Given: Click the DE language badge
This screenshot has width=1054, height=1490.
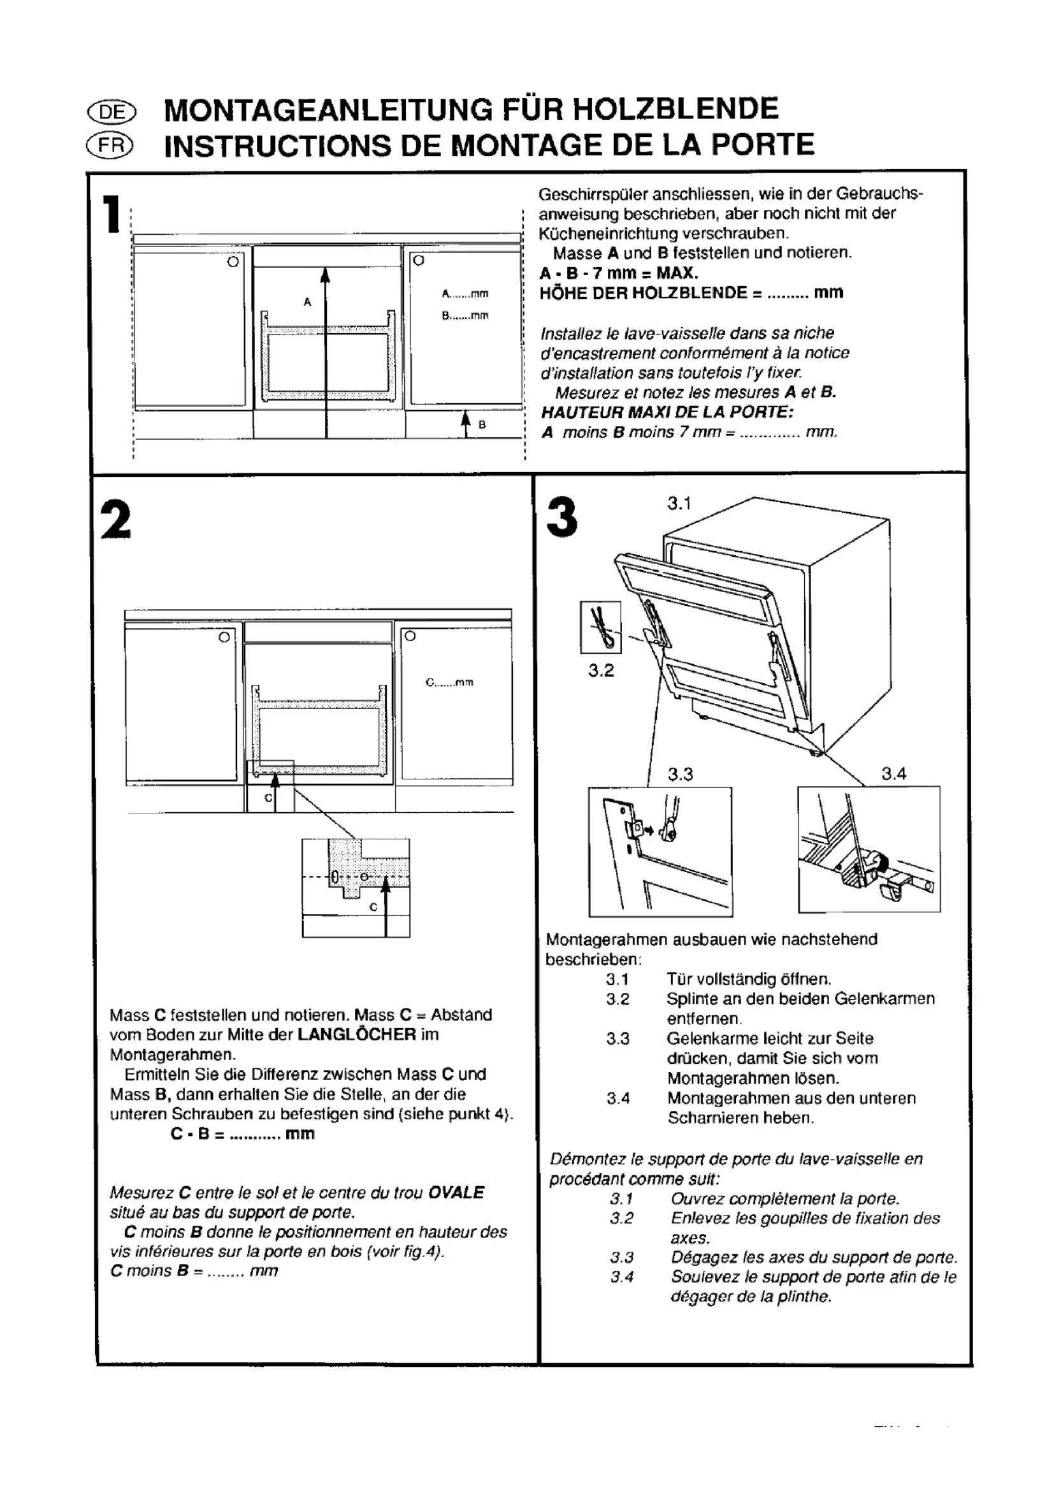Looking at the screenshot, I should click(112, 112).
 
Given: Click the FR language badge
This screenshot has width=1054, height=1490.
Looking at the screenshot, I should click(112, 147).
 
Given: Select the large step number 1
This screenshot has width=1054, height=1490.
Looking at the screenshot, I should click(112, 214).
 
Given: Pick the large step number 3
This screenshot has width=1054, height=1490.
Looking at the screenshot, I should click(562, 517).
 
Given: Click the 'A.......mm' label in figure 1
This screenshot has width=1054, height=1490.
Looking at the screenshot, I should click(465, 294).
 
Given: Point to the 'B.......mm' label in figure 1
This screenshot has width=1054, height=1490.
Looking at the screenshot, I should click(465, 316).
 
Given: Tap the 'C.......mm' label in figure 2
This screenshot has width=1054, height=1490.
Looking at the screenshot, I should click(449, 682).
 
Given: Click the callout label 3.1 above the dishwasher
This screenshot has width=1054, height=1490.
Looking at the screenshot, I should click(679, 504).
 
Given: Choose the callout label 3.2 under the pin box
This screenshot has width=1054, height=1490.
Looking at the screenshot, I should click(601, 670).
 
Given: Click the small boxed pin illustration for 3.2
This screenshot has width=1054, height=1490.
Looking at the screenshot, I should click(600, 627).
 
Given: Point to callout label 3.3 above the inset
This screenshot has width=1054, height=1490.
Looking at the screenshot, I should click(680, 774).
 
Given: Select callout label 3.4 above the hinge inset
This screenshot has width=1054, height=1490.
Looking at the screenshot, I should click(893, 773).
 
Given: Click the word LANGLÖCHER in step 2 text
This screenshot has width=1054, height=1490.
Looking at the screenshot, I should click(356, 1035).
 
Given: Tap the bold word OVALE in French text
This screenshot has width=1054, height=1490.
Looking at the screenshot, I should click(456, 1193).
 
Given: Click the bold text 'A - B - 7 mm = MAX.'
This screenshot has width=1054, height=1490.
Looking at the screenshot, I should click(619, 273).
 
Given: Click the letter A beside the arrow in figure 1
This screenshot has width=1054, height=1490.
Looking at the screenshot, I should click(307, 302).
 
